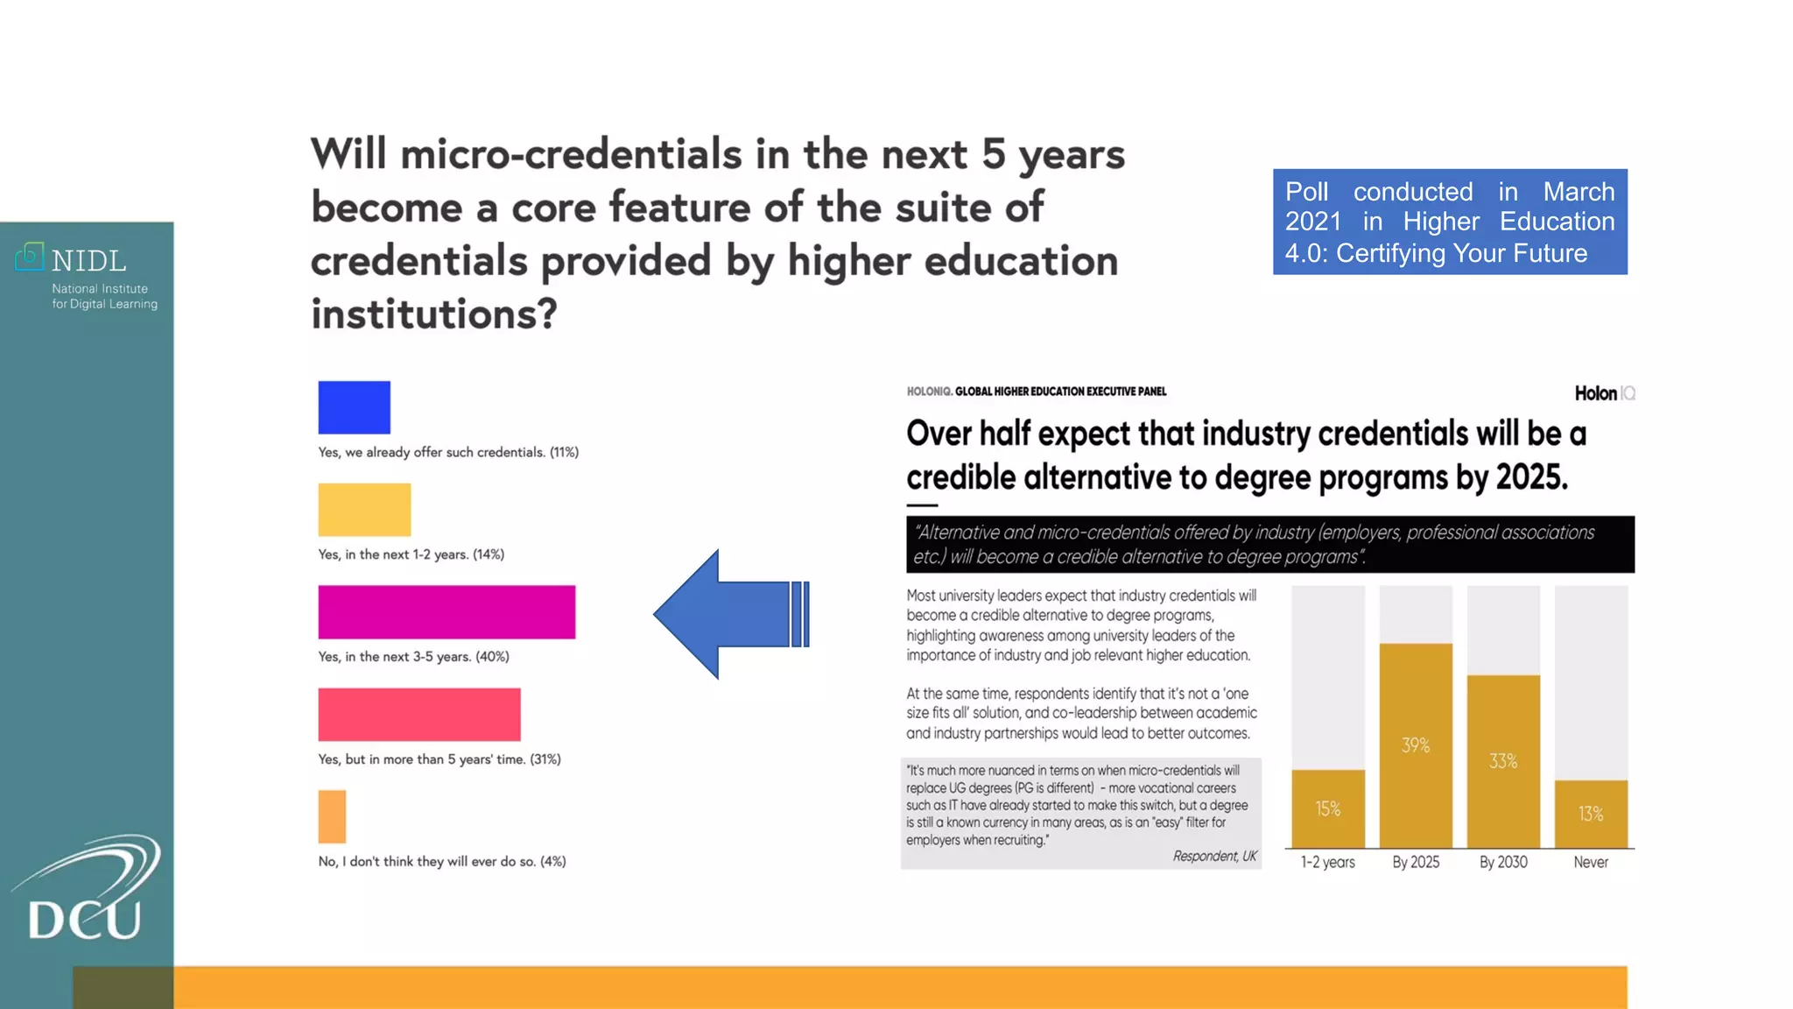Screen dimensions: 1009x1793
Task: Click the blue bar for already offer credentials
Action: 354,407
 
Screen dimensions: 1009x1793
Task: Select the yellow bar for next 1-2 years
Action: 364,510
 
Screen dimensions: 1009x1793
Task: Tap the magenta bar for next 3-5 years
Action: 446,612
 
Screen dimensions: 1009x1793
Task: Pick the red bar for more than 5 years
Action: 419,715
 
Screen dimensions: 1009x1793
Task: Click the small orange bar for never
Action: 332,816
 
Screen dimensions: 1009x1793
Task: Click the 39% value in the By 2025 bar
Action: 1415,745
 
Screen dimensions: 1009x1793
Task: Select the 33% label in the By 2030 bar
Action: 1502,761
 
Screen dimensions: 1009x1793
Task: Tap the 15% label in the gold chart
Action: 1327,808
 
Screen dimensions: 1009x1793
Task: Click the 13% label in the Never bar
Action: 1590,814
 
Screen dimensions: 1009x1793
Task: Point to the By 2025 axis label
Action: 1415,862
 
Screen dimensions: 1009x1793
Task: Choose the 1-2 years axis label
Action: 1327,862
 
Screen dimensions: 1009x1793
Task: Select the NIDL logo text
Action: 88,261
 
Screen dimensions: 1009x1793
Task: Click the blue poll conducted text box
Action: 1450,222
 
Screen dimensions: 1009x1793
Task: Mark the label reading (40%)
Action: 492,657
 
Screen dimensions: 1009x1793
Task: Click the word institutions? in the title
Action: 434,314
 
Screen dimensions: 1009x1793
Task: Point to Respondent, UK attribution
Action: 1214,856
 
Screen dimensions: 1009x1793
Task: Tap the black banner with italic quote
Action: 1269,544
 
